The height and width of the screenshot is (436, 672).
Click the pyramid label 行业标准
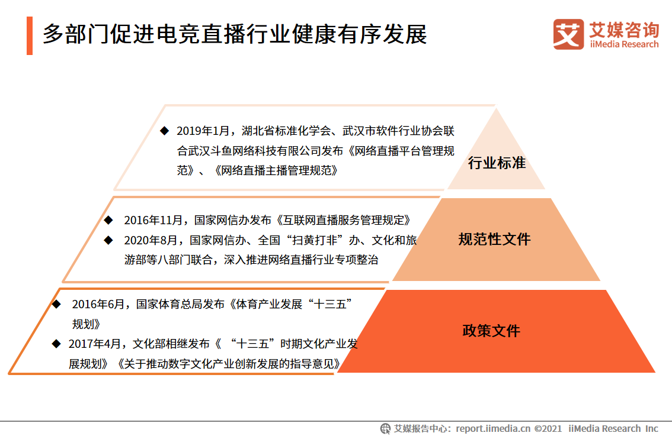[497, 163]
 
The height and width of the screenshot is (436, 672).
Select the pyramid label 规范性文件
[494, 239]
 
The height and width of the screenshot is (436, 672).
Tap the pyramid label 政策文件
[491, 330]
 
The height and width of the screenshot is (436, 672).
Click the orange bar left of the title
[30, 35]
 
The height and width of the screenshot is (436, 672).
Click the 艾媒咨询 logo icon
[568, 34]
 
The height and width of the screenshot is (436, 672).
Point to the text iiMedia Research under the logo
[624, 44]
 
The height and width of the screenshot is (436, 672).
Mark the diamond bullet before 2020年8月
[108, 240]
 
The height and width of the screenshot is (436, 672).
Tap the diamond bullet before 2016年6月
[56, 304]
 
